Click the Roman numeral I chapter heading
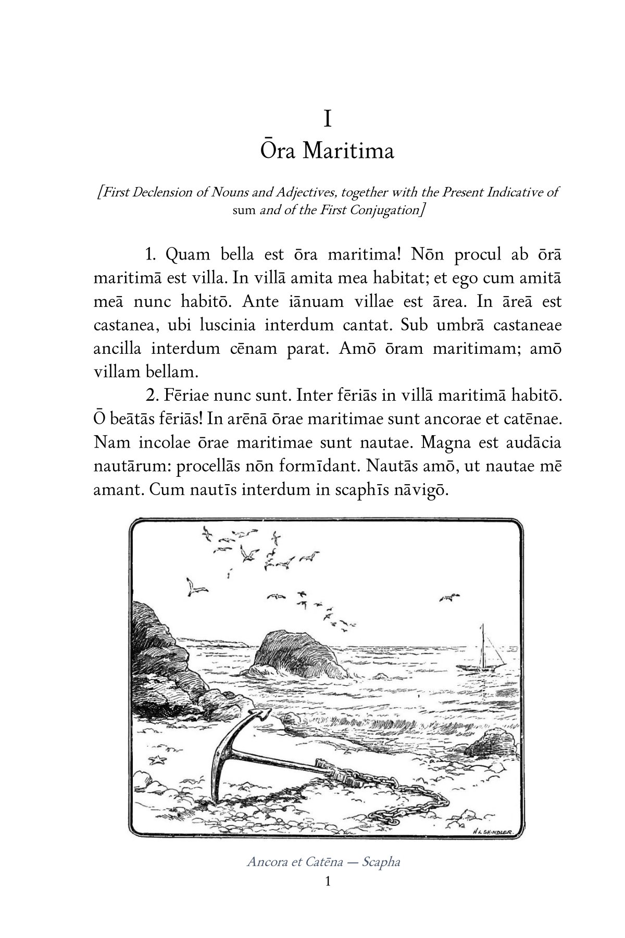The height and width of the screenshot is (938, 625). coord(327,120)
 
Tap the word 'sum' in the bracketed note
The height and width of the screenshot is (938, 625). coord(243,210)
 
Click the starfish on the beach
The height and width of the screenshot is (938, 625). coord(157,760)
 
